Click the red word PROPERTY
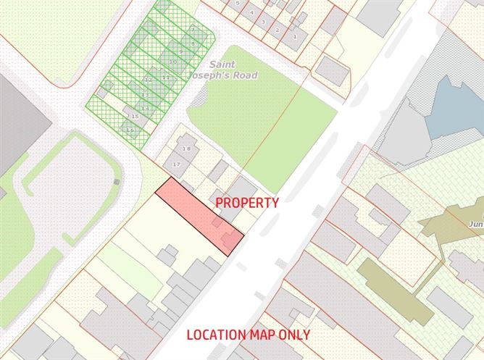tap(246, 203)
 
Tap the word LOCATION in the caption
tap(215, 335)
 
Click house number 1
tap(295, 35)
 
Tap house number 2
tap(278, 30)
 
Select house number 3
tap(263, 22)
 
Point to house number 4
tap(251, 12)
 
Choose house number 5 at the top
tap(237, 4)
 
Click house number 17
tap(175, 164)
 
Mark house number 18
tap(186, 148)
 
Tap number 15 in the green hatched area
tap(134, 115)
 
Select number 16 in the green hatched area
tap(130, 130)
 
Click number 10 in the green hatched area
tap(172, 62)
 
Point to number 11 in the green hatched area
tap(165, 77)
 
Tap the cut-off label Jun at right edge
tap(476, 224)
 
